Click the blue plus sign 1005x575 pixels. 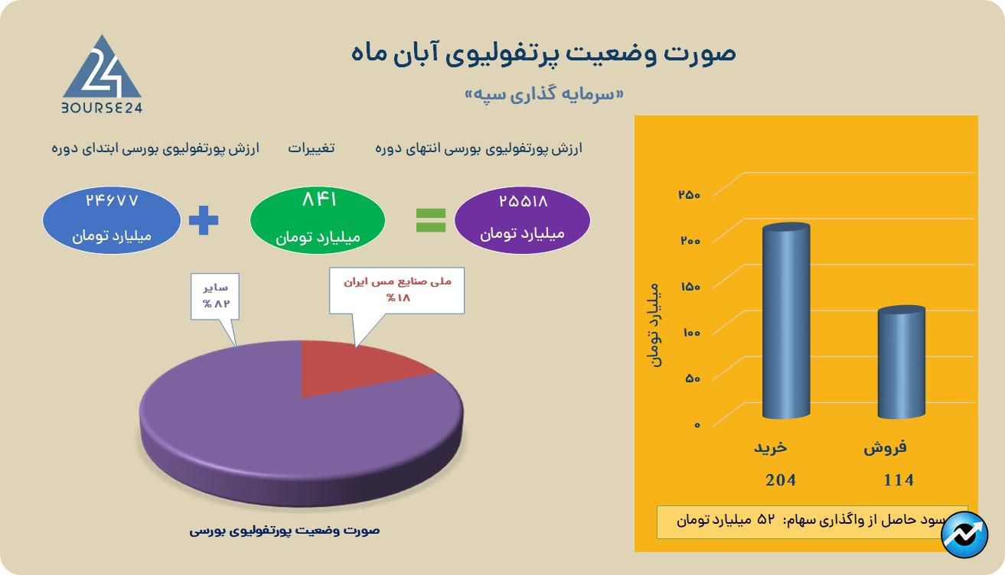click(204, 220)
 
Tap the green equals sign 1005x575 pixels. click(431, 220)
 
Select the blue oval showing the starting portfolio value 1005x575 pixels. click(112, 219)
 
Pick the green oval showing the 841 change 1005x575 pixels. click(318, 219)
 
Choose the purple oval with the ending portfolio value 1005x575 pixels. click(522, 219)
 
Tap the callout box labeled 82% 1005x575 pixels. click(215, 296)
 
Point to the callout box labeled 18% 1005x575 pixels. click(396, 291)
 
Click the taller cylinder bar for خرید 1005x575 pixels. click(786, 321)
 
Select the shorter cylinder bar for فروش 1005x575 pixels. click(902, 362)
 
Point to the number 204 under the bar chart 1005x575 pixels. click(781, 480)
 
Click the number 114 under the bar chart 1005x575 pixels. click(899, 480)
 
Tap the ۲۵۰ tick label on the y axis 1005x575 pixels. click(689, 194)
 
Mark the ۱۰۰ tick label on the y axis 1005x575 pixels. click(691, 333)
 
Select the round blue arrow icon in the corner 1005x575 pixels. click(964, 534)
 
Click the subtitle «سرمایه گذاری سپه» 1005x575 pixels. click(544, 94)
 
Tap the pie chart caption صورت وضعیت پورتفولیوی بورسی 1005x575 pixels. click(285, 531)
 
